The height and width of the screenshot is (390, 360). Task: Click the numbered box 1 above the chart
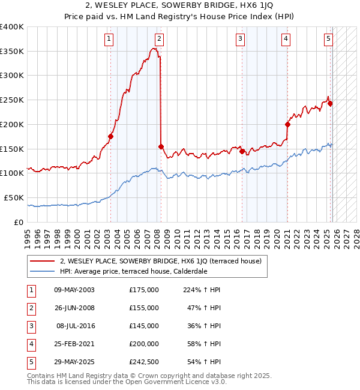109,40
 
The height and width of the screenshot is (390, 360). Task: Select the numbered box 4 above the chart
286,40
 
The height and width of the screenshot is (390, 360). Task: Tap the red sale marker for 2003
110,136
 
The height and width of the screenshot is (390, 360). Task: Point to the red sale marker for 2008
161,146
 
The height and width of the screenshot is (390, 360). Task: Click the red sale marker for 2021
287,125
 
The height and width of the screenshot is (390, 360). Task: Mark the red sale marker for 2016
242,151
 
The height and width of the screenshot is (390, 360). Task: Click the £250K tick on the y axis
12,100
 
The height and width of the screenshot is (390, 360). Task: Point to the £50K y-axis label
14,197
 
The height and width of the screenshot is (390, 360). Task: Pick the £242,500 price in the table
144,361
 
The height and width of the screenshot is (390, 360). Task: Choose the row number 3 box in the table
30,326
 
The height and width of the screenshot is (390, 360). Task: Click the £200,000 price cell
144,344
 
